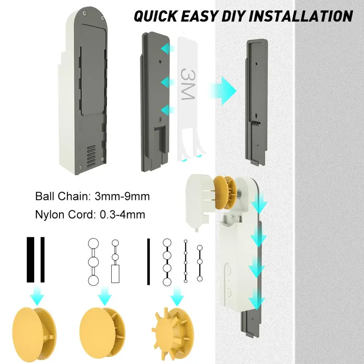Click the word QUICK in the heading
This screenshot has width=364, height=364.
click(x=156, y=16)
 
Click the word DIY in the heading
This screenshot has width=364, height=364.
click(x=233, y=16)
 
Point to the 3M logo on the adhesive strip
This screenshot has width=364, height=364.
click(x=187, y=84)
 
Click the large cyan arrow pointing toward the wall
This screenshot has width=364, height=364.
click(x=222, y=91)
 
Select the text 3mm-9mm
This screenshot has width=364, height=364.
click(x=122, y=197)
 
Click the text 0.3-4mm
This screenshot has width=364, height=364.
click(x=122, y=214)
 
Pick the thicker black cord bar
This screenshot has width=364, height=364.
click(x=31, y=260)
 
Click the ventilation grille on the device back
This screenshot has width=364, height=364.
click(x=91, y=157)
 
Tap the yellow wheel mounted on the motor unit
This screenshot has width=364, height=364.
click(x=225, y=193)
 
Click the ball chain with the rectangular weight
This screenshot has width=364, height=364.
click(x=115, y=261)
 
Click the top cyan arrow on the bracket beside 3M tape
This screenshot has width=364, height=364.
click(x=167, y=48)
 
